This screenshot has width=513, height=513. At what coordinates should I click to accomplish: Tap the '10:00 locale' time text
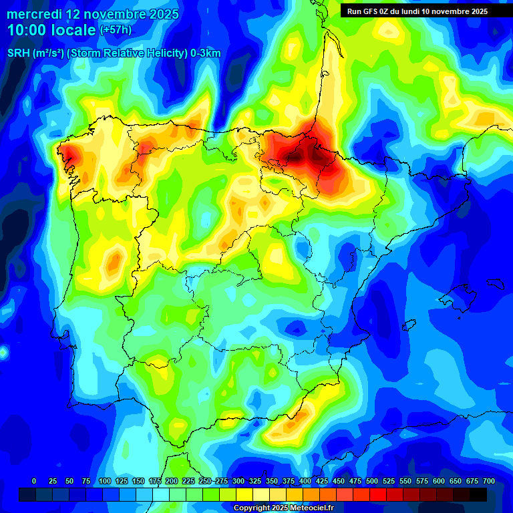(52, 30)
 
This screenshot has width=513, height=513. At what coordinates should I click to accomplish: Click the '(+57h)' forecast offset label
(116, 30)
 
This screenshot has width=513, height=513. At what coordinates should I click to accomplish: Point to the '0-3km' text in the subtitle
(206, 53)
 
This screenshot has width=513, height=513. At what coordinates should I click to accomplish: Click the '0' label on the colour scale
(34, 481)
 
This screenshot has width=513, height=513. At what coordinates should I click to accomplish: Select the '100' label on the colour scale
(105, 481)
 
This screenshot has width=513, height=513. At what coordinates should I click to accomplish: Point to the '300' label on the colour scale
(238, 481)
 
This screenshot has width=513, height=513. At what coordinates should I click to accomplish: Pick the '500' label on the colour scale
(372, 481)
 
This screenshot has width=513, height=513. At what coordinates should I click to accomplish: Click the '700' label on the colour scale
(489, 481)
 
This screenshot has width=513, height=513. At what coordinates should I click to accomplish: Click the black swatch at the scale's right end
(479, 494)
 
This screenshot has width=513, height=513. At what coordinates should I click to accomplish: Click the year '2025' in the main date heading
(161, 14)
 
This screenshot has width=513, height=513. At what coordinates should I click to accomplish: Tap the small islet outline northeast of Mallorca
(496, 283)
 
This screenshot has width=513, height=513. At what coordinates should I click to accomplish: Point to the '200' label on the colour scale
(172, 481)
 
